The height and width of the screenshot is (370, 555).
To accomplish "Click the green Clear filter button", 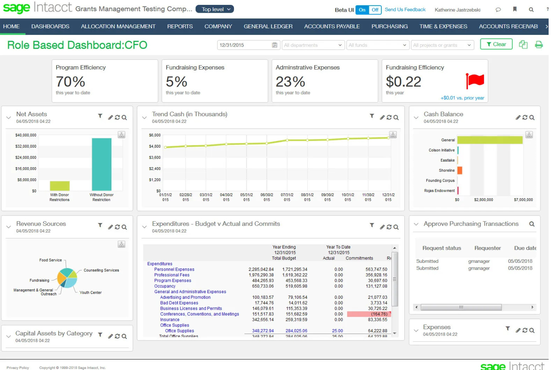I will click(496, 45).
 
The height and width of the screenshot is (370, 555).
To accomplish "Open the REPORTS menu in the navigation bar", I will click(180, 27).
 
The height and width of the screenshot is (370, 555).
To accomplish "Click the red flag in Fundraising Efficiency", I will click(475, 81).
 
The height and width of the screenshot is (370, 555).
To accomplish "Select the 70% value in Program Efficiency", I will click(70, 82).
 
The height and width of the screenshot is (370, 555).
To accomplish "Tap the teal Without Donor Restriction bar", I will click(102, 164).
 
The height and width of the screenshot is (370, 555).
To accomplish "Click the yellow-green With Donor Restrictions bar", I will click(60, 186).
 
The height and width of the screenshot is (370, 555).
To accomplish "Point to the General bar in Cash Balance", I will click(489, 140).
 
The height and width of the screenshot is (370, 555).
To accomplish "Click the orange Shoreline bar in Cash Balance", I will click(460, 171).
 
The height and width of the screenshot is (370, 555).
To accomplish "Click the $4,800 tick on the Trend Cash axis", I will click(154, 147).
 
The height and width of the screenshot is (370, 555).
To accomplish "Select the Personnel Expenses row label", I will click(174, 270).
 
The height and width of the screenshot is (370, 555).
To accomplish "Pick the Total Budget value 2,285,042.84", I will click(261, 270).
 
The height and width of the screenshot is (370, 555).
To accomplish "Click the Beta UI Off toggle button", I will click(375, 10).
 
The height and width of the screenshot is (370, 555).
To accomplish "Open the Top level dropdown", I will click(215, 9).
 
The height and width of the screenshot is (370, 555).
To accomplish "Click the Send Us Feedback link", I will click(405, 10).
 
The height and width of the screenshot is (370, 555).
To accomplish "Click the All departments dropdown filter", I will click(313, 45).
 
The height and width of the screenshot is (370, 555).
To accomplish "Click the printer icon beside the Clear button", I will click(538, 45).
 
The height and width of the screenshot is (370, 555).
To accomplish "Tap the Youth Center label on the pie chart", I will click(90, 293).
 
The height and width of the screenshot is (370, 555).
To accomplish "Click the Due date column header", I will click(525, 248).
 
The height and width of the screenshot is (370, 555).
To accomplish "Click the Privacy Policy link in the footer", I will click(18, 368).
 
